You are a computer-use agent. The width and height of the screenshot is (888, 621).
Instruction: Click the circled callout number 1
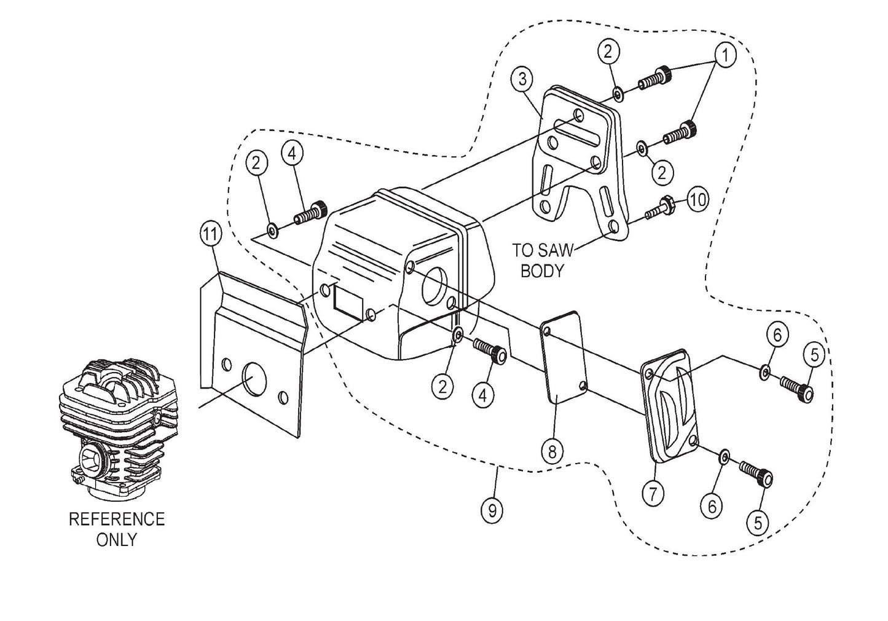[x=725, y=55]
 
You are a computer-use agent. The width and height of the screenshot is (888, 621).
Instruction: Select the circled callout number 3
[x=522, y=79]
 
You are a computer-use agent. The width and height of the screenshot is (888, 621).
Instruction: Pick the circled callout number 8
[x=552, y=452]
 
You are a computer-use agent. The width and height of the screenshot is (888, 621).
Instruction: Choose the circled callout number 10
[x=697, y=200]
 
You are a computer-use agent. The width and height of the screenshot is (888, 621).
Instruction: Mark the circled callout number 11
[x=210, y=234]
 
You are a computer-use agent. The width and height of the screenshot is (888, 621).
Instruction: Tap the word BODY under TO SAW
[x=541, y=271]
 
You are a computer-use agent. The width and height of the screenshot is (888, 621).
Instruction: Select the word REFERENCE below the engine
[x=117, y=519]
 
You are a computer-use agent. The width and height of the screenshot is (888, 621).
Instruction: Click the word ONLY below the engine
[x=117, y=540]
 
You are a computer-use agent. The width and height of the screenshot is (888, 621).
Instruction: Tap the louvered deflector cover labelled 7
[x=670, y=406]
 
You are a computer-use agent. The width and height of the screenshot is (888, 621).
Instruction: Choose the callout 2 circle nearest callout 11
[x=257, y=163]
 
